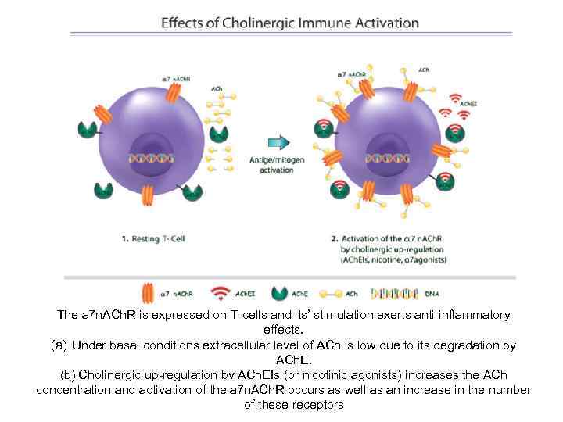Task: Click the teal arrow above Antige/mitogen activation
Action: [x=279, y=141]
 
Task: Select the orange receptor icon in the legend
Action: [x=146, y=294]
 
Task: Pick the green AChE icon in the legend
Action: [x=278, y=294]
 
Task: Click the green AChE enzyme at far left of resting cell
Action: [x=87, y=131]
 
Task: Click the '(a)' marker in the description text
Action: [x=60, y=345]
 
